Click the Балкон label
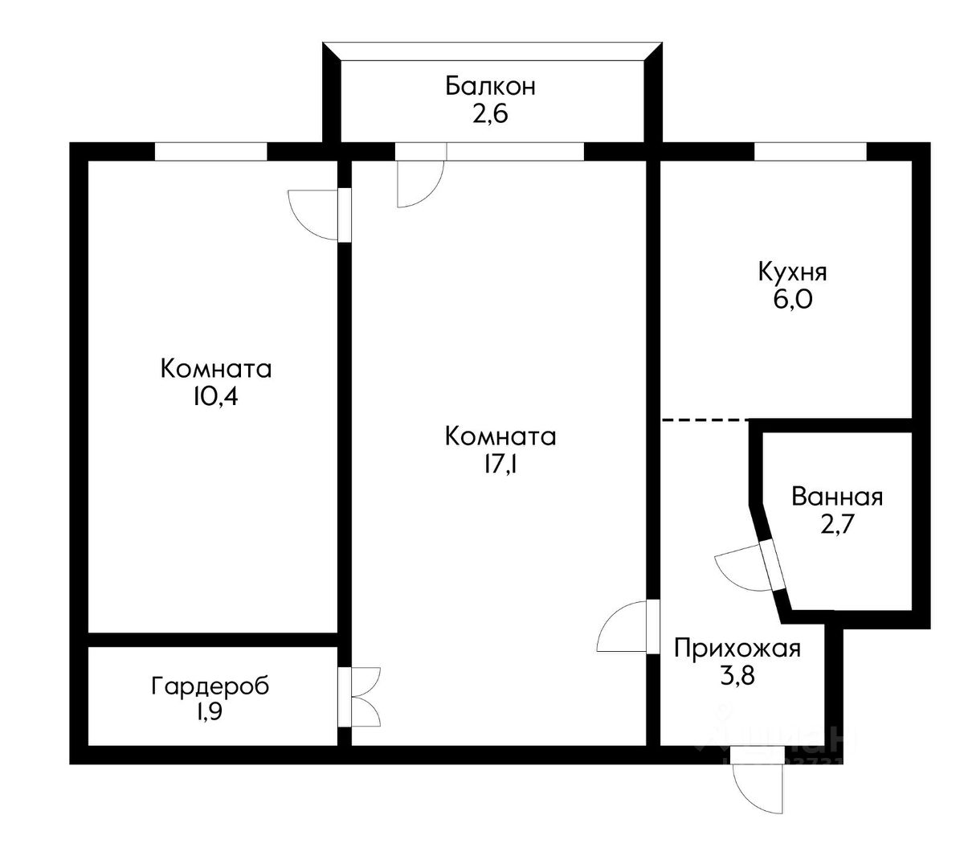pyautogui.click(x=490, y=86)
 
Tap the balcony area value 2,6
pyautogui.click(x=490, y=114)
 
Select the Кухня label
pyautogui.click(x=792, y=272)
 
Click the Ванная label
pyautogui.click(x=837, y=497)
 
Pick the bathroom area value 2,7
pyautogui.click(x=837, y=525)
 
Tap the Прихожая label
pyautogui.click(x=737, y=648)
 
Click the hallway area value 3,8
pyautogui.click(x=737, y=676)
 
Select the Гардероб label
pyautogui.click(x=210, y=686)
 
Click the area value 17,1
pyautogui.click(x=500, y=465)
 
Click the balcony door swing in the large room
pyautogui.click(x=420, y=183)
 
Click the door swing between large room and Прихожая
pyautogui.click(x=623, y=628)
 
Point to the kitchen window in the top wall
pyautogui.click(x=810, y=151)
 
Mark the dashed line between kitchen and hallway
pyautogui.click(x=705, y=420)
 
